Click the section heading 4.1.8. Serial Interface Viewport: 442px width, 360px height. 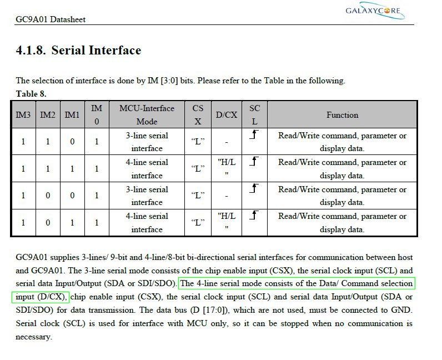pyautogui.click(x=78, y=51)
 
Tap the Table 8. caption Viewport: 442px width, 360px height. pyautogui.click(x=31, y=93)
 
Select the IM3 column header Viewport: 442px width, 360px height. pyautogui.click(x=23, y=115)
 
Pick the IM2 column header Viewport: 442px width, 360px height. pyautogui.click(x=48, y=115)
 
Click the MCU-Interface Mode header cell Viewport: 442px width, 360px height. pyautogui.click(x=147, y=115)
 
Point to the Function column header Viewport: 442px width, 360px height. pyautogui.click(x=342, y=115)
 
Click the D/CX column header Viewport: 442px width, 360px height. pyautogui.click(x=227, y=115)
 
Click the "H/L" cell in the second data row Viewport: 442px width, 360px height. pyautogui.click(x=227, y=169)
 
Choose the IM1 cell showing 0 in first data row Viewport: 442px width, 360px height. pyautogui.click(x=72, y=142)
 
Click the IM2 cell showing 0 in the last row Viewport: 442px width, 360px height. pyautogui.click(x=48, y=223)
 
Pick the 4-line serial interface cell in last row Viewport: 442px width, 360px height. pyautogui.click(x=147, y=223)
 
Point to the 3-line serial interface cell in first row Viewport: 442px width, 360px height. pyautogui.click(x=147, y=142)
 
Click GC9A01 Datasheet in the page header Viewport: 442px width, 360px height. pyautogui.click(x=51, y=19)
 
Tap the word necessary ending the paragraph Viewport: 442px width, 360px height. pyautogui.click(x=33, y=337)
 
